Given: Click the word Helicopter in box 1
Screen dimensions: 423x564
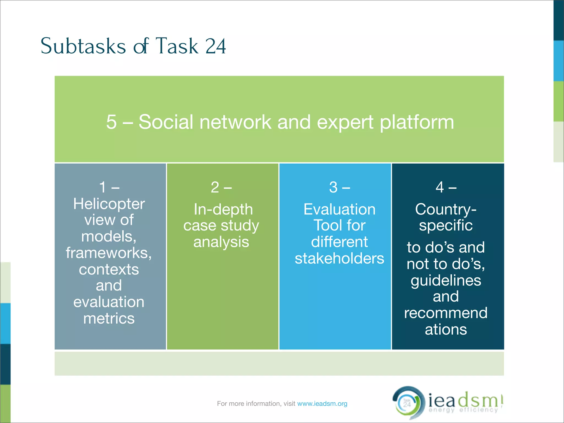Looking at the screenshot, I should (x=109, y=204).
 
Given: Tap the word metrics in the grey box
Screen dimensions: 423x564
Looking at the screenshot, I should (x=109, y=318).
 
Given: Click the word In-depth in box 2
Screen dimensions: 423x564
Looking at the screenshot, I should (x=223, y=209).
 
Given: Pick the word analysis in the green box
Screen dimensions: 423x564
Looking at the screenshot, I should (x=221, y=242).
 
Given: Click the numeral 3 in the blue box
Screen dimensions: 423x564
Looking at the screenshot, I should (x=333, y=187).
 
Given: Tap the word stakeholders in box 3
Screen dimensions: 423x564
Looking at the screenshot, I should (x=339, y=258).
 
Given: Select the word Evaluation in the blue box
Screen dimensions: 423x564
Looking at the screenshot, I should (x=339, y=209).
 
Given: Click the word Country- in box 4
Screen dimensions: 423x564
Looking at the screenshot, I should (x=446, y=209).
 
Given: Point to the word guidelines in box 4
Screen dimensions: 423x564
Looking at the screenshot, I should (x=446, y=281).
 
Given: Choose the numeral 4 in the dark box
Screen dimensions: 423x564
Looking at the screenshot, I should (x=440, y=187).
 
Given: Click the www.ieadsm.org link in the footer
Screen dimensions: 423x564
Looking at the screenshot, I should (x=322, y=404).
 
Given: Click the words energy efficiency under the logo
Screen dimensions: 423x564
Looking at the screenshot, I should (x=463, y=410).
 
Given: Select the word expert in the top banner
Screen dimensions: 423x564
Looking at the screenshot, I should (x=345, y=122).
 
